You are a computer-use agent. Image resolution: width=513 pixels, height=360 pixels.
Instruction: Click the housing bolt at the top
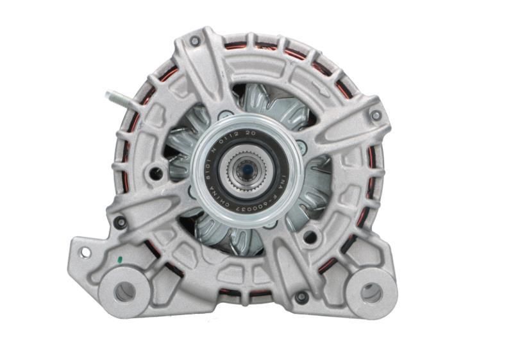[194, 41]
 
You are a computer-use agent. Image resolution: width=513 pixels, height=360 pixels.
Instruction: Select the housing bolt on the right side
[376, 116]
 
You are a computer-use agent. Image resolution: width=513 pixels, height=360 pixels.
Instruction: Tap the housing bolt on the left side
[120, 223]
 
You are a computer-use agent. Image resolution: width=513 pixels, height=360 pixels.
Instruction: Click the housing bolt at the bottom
[302, 296]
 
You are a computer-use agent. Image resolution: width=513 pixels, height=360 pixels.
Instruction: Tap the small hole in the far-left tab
[84, 252]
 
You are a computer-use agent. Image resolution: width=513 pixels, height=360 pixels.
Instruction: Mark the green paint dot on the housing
[119, 261]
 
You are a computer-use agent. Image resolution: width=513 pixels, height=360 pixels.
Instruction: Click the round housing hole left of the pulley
[155, 173]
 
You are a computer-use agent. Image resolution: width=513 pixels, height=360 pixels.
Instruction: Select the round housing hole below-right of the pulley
[310, 237]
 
